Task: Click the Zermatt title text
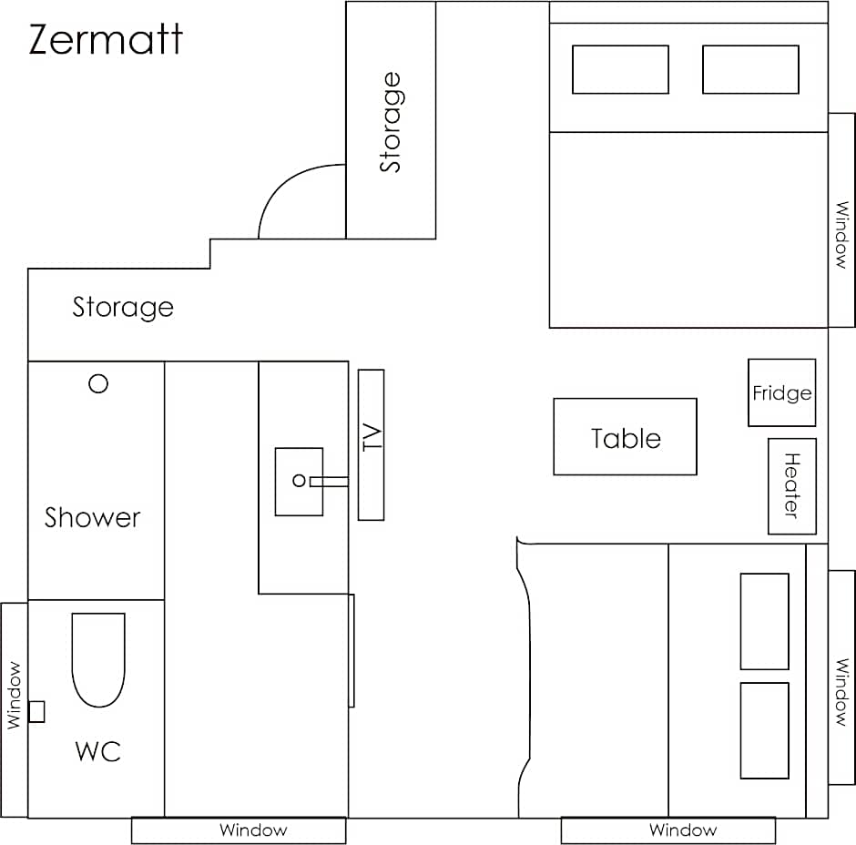click(x=106, y=39)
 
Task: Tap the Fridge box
click(x=781, y=392)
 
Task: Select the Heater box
click(x=792, y=486)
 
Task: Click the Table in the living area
click(x=625, y=437)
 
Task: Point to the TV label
click(x=372, y=437)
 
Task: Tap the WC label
click(x=97, y=751)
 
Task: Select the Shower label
click(x=92, y=517)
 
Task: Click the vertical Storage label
click(x=391, y=122)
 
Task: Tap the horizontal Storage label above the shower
click(x=123, y=308)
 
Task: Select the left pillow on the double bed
click(x=620, y=69)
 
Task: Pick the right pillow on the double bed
click(x=750, y=69)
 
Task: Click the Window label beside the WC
click(x=14, y=696)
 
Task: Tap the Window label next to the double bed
click(x=842, y=235)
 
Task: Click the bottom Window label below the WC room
click(x=253, y=830)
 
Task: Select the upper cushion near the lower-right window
click(x=764, y=621)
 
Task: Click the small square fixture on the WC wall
click(x=36, y=712)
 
